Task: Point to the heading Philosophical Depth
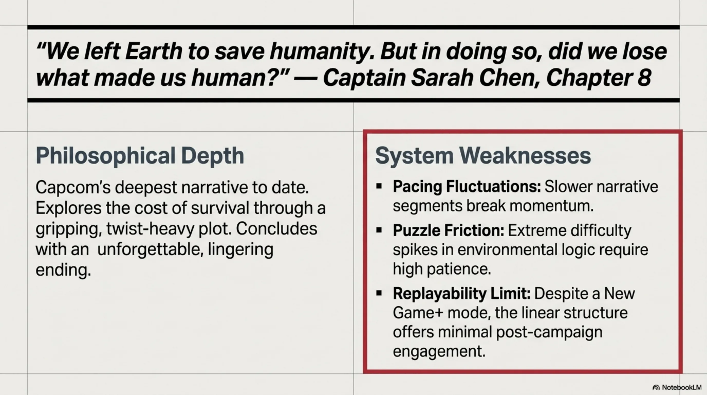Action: coord(140,156)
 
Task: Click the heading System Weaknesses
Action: coord(483,156)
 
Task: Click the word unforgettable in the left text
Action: coord(150,249)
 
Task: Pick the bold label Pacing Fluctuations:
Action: coord(467,187)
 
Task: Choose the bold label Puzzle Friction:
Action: coord(449,230)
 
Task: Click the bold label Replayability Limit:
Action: coord(462,293)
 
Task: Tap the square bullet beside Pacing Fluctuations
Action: coord(379,186)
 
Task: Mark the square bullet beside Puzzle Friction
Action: coord(379,230)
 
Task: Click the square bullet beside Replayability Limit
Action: coord(379,293)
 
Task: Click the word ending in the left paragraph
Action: coord(63,270)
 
